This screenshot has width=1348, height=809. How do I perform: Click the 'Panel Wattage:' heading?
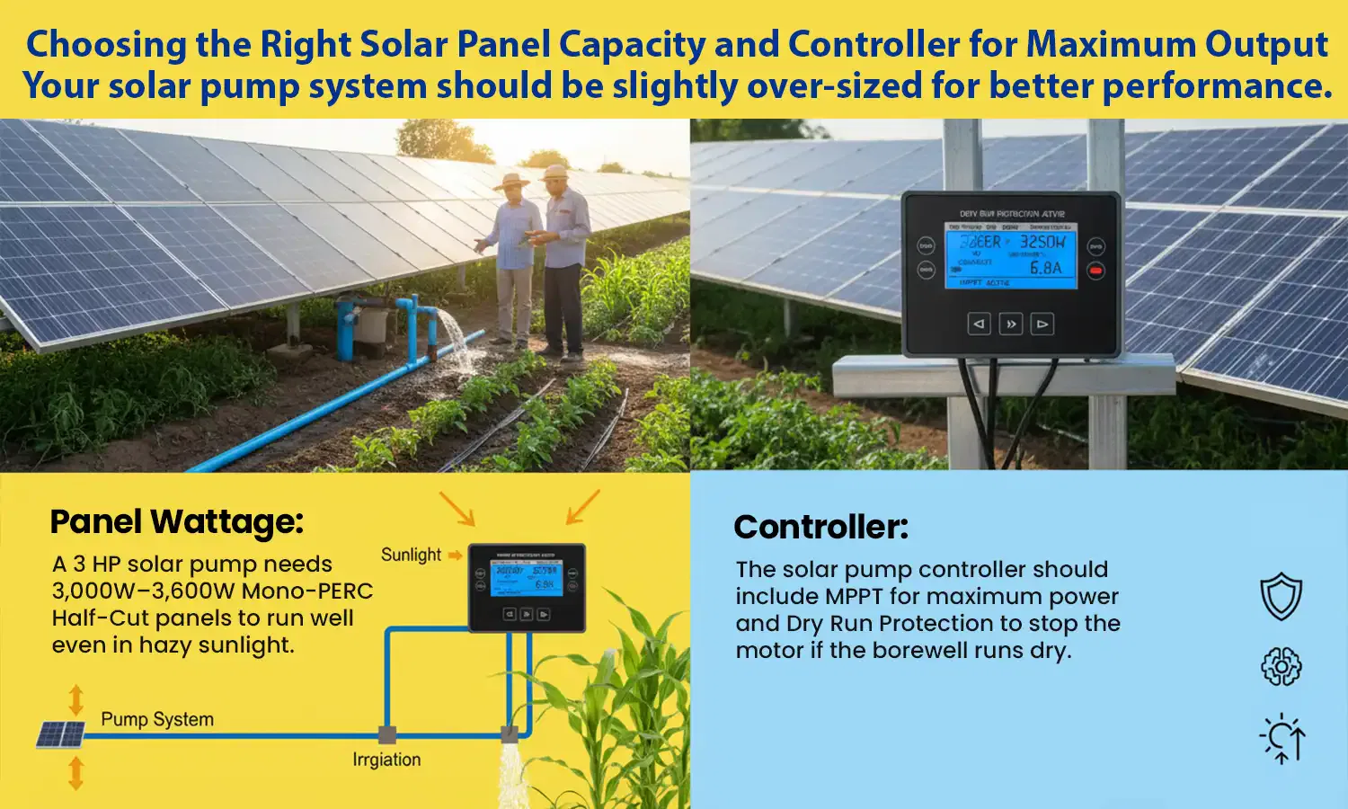click(x=177, y=522)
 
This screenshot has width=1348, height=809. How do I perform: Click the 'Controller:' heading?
click(x=820, y=528)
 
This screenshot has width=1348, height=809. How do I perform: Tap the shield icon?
click(x=1281, y=597)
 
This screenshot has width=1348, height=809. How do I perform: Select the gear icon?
click(x=1281, y=666)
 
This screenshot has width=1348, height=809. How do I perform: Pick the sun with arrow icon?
click(x=1282, y=739)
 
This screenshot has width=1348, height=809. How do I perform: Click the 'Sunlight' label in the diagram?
click(x=411, y=555)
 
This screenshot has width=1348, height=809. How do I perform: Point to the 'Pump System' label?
click(x=157, y=719)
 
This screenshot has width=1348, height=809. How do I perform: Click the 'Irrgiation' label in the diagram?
click(x=386, y=760)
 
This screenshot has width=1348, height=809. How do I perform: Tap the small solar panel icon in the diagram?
click(x=60, y=734)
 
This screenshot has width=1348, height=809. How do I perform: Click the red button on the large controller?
click(x=1095, y=270)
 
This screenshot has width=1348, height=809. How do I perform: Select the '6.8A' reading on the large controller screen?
click(x=1045, y=267)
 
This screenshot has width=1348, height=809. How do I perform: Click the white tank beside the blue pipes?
click(x=373, y=325)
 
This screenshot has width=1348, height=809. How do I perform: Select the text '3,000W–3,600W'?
click(x=143, y=591)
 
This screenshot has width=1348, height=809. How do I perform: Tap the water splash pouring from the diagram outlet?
click(x=511, y=775)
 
